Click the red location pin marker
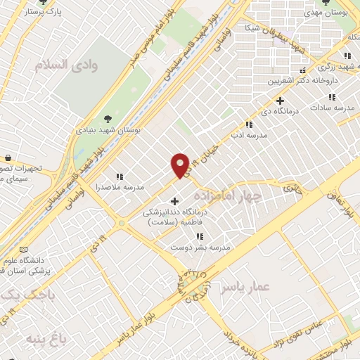(x=180, y=165)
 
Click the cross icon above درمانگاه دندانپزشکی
(x=174, y=201)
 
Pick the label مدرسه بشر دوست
(x=199, y=247)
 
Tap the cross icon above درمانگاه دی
(x=280, y=101)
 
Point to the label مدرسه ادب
(x=252, y=133)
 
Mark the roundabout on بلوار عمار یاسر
(x=194, y=285)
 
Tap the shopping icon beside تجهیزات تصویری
(x=7, y=157)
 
